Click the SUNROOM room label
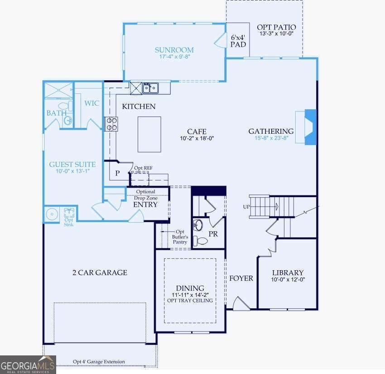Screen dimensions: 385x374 pyautogui.click(x=174, y=50)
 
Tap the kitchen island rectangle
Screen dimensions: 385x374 pyautogui.click(x=149, y=134)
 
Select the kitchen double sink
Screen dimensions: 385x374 pyautogui.click(x=150, y=88)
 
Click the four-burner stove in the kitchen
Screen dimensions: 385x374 pyautogui.click(x=111, y=124)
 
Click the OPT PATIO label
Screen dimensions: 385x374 pyautogui.click(x=276, y=27)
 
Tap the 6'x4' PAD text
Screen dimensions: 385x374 pyautogui.click(x=238, y=41)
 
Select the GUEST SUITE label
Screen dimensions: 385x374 pyautogui.click(x=72, y=165)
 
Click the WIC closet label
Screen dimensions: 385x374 pyautogui.click(x=92, y=103)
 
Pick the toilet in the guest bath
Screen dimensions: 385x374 pyautogui.click(x=65, y=106)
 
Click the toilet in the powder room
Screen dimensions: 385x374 pyautogui.click(x=200, y=241)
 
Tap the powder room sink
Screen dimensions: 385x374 pyautogui.click(x=198, y=225)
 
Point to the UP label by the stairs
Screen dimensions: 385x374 pyautogui.click(x=246, y=207)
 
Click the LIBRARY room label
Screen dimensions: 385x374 pyautogui.click(x=288, y=273)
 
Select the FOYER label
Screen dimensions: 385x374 pyautogui.click(x=241, y=278)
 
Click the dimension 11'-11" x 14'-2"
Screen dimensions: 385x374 pyautogui.click(x=190, y=295)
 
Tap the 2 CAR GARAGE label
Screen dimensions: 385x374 pyautogui.click(x=100, y=272)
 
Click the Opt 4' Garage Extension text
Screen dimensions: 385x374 pyautogui.click(x=99, y=362)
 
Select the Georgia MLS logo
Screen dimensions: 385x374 pyautogui.click(x=28, y=365)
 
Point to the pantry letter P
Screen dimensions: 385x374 pyautogui.click(x=117, y=173)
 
